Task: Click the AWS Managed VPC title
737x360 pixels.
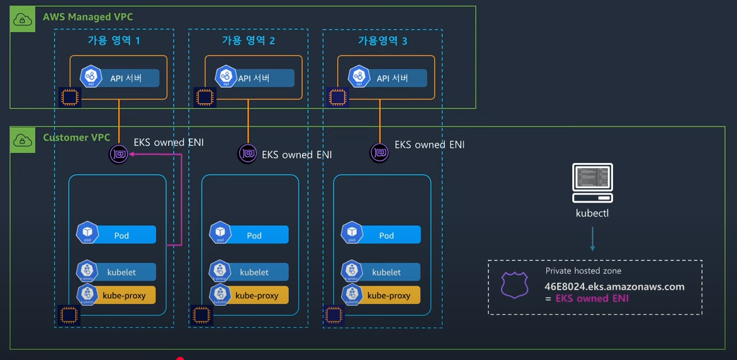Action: pyautogui.click(x=87, y=17)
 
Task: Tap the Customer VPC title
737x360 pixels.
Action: pyautogui.click(x=76, y=137)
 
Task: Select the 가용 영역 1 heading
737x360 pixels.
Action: pyautogui.click(x=114, y=41)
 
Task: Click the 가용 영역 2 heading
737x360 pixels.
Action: pyautogui.click(x=248, y=41)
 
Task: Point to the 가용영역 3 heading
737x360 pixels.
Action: pyautogui.click(x=382, y=41)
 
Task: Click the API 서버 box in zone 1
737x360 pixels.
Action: pyautogui.click(x=120, y=78)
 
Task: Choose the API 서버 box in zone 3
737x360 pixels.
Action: pyautogui.click(x=387, y=78)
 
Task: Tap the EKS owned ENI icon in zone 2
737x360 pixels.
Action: pyautogui.click(x=247, y=153)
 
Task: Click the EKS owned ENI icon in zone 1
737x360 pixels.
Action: pyautogui.click(x=119, y=154)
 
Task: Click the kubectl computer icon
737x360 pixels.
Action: pyautogui.click(x=592, y=182)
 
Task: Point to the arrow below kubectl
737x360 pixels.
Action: pyautogui.click(x=592, y=239)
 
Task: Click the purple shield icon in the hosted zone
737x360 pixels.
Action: pyautogui.click(x=514, y=284)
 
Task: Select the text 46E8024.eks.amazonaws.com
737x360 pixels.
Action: pyautogui.click(x=614, y=286)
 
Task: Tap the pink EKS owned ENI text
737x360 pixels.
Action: pyautogui.click(x=592, y=298)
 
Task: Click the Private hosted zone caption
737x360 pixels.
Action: pyautogui.click(x=583, y=271)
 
